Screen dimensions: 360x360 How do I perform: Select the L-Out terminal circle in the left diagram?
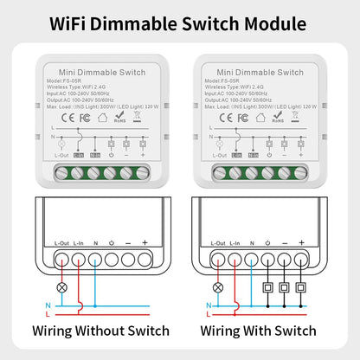tap(60, 257)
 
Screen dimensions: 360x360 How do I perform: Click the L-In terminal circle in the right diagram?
tap(233, 257)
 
